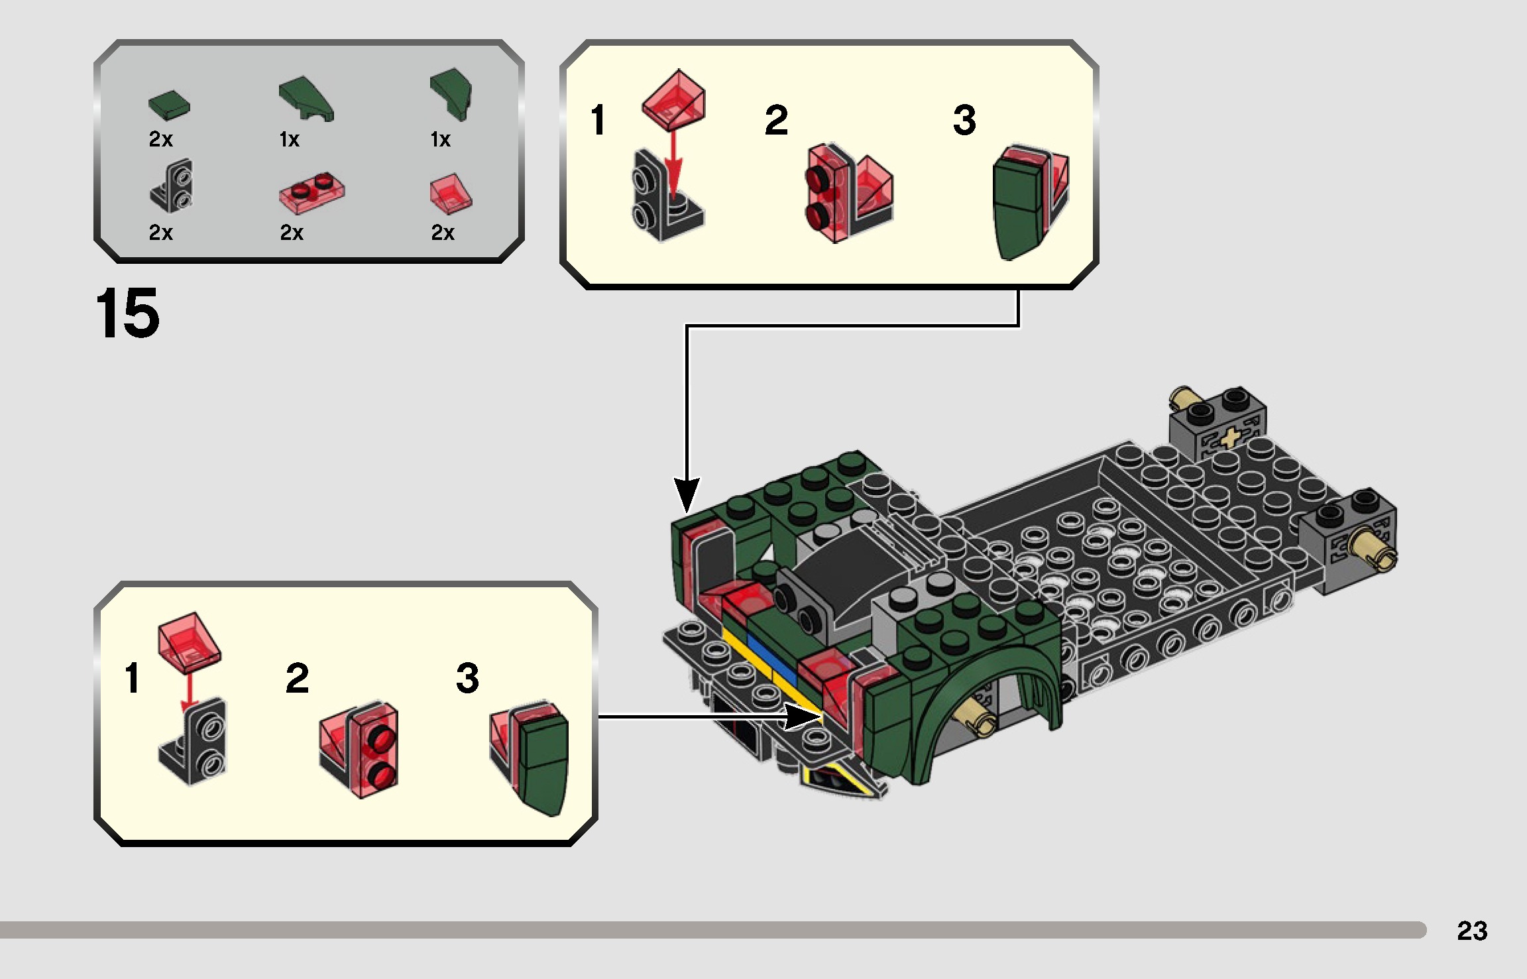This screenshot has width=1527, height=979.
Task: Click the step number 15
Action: [x=127, y=313]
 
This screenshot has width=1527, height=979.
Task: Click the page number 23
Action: [x=1472, y=931]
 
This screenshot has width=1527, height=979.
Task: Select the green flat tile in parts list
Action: [x=168, y=106]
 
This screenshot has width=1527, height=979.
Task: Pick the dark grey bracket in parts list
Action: [x=172, y=187]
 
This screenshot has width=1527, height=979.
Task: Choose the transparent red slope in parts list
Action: [x=451, y=194]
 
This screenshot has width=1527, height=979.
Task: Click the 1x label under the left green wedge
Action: [x=290, y=140]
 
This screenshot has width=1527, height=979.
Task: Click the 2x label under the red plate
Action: [x=292, y=233]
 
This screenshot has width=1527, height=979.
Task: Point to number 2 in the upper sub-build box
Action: [x=776, y=120]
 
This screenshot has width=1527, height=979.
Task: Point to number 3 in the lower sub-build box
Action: [x=467, y=678]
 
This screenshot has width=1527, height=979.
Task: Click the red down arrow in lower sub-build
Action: [x=190, y=690]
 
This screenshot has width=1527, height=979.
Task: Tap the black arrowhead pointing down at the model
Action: [x=687, y=494]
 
